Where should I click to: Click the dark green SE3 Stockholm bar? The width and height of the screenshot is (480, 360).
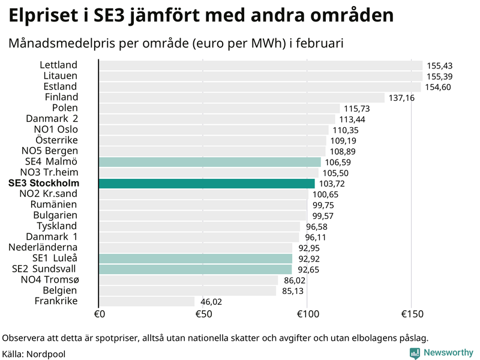(206, 183)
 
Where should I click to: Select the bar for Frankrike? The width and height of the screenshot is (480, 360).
(146, 301)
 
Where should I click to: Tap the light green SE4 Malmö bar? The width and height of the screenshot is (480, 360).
(209, 162)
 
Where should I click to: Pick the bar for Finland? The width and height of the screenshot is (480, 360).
(241, 98)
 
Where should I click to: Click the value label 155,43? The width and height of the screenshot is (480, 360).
(440, 65)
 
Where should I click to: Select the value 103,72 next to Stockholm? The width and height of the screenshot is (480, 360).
(332, 184)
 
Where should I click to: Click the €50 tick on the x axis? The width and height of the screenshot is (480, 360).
(203, 314)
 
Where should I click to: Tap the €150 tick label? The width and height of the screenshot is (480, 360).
(411, 314)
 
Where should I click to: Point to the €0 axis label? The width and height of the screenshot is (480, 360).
(100, 314)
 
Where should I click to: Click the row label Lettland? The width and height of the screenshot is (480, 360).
(59, 65)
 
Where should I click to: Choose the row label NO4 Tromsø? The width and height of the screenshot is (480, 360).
(49, 280)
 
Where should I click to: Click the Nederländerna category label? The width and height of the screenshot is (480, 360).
(43, 247)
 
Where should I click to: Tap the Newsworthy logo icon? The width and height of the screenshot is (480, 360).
(415, 353)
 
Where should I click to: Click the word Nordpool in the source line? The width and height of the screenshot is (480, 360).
(46, 354)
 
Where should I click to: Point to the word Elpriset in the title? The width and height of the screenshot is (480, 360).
(45, 16)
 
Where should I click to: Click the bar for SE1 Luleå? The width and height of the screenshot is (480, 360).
(195, 259)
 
